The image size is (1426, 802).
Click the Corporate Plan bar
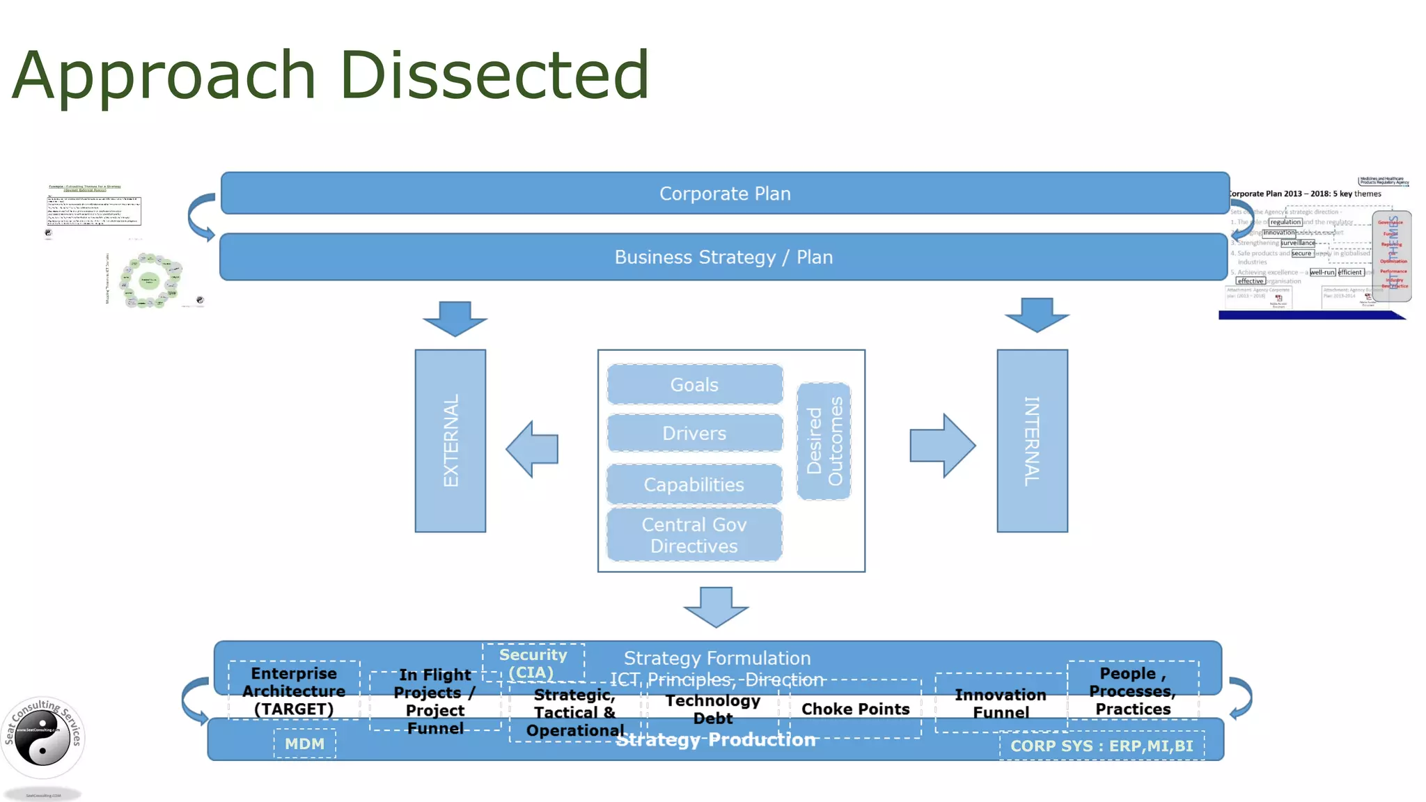click(724, 194)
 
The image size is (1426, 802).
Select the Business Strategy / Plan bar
click(723, 257)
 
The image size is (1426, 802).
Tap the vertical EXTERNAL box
click(450, 441)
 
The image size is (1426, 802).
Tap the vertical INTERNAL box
click(1032, 441)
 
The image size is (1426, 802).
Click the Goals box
click(694, 384)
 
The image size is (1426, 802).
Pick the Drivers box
click(694, 433)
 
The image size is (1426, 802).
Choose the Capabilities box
click(694, 485)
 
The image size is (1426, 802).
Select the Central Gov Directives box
click(694, 535)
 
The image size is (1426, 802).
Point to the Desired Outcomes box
click(824, 441)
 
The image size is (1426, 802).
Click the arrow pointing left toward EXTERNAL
click(533, 449)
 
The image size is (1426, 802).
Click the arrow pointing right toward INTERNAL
click(941, 446)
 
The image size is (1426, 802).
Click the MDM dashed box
click(305, 744)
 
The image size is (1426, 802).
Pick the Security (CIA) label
click(533, 663)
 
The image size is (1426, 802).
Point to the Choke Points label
click(855, 709)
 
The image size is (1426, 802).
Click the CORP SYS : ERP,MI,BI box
click(1102, 746)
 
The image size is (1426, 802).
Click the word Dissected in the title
click(494, 74)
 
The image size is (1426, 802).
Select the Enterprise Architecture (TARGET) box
click(294, 691)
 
